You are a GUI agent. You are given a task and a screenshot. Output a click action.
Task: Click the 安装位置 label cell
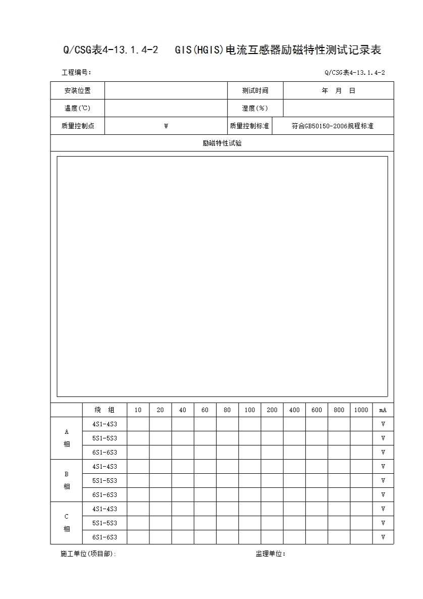77,91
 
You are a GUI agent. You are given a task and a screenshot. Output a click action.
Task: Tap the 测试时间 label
255,91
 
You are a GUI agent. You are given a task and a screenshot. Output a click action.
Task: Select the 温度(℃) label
77,109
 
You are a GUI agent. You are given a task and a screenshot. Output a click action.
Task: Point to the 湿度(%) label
255,109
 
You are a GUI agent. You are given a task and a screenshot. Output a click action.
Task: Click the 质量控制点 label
77,126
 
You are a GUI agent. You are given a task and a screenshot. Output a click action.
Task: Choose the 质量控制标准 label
249,126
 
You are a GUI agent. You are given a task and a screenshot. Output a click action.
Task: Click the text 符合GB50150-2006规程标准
333,126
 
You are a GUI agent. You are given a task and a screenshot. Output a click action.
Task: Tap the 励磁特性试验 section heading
222,143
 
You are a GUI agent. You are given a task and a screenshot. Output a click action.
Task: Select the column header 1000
361,410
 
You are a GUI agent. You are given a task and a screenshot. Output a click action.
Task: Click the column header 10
138,410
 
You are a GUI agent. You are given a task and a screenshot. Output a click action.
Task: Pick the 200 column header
272,410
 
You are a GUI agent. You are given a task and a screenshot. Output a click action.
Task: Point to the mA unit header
383,410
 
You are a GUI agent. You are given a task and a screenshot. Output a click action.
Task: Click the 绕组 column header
104,410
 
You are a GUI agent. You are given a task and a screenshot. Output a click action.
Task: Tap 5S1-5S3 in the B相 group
104,481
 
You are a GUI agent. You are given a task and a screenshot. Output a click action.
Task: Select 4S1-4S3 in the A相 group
104,424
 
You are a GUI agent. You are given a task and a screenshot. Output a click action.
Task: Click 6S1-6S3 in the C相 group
104,537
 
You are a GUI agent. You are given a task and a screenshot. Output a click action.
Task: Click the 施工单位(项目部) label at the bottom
88,554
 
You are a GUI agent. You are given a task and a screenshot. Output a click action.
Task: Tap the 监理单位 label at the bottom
271,554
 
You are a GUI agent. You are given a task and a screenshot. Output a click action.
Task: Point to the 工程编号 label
76,73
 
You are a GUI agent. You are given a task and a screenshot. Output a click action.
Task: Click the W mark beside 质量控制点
166,126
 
